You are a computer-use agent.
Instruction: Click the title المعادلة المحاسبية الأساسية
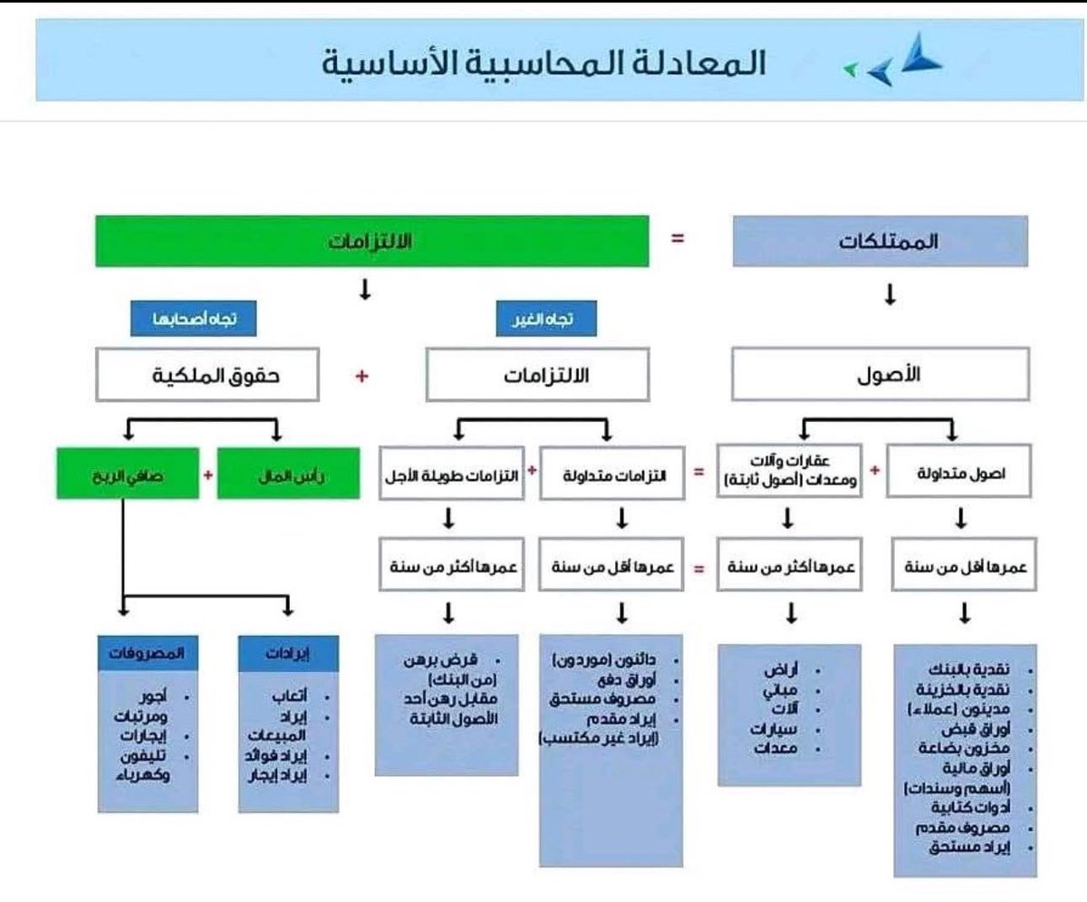pyautogui.click(x=544, y=63)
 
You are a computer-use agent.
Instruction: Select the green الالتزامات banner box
pyautogui.click(x=372, y=241)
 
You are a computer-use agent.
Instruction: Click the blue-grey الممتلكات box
pyautogui.click(x=879, y=242)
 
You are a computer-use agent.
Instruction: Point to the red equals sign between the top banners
pyautogui.click(x=677, y=240)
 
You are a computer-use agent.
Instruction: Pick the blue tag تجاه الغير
pyautogui.click(x=539, y=320)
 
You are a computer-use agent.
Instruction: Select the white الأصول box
pyautogui.click(x=879, y=376)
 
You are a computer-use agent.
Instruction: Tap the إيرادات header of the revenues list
pyautogui.click(x=287, y=652)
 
